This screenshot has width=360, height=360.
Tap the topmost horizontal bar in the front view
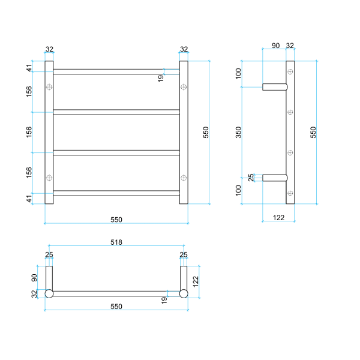(116, 71)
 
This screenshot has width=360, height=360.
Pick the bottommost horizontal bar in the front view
(116, 193)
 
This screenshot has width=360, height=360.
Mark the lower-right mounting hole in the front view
(184, 178)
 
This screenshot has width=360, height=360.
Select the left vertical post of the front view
(49, 132)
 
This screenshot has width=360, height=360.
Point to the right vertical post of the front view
(184, 132)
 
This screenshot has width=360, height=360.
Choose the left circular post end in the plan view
(49, 293)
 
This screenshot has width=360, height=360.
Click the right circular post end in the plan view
(184, 293)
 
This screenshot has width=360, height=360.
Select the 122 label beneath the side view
(278, 217)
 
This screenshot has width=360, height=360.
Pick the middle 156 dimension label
(29, 132)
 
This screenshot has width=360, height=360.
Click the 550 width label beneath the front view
(116, 220)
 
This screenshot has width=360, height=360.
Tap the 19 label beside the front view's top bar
(161, 77)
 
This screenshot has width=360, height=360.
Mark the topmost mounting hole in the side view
(290, 72)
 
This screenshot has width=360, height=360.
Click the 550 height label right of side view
(313, 132)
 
